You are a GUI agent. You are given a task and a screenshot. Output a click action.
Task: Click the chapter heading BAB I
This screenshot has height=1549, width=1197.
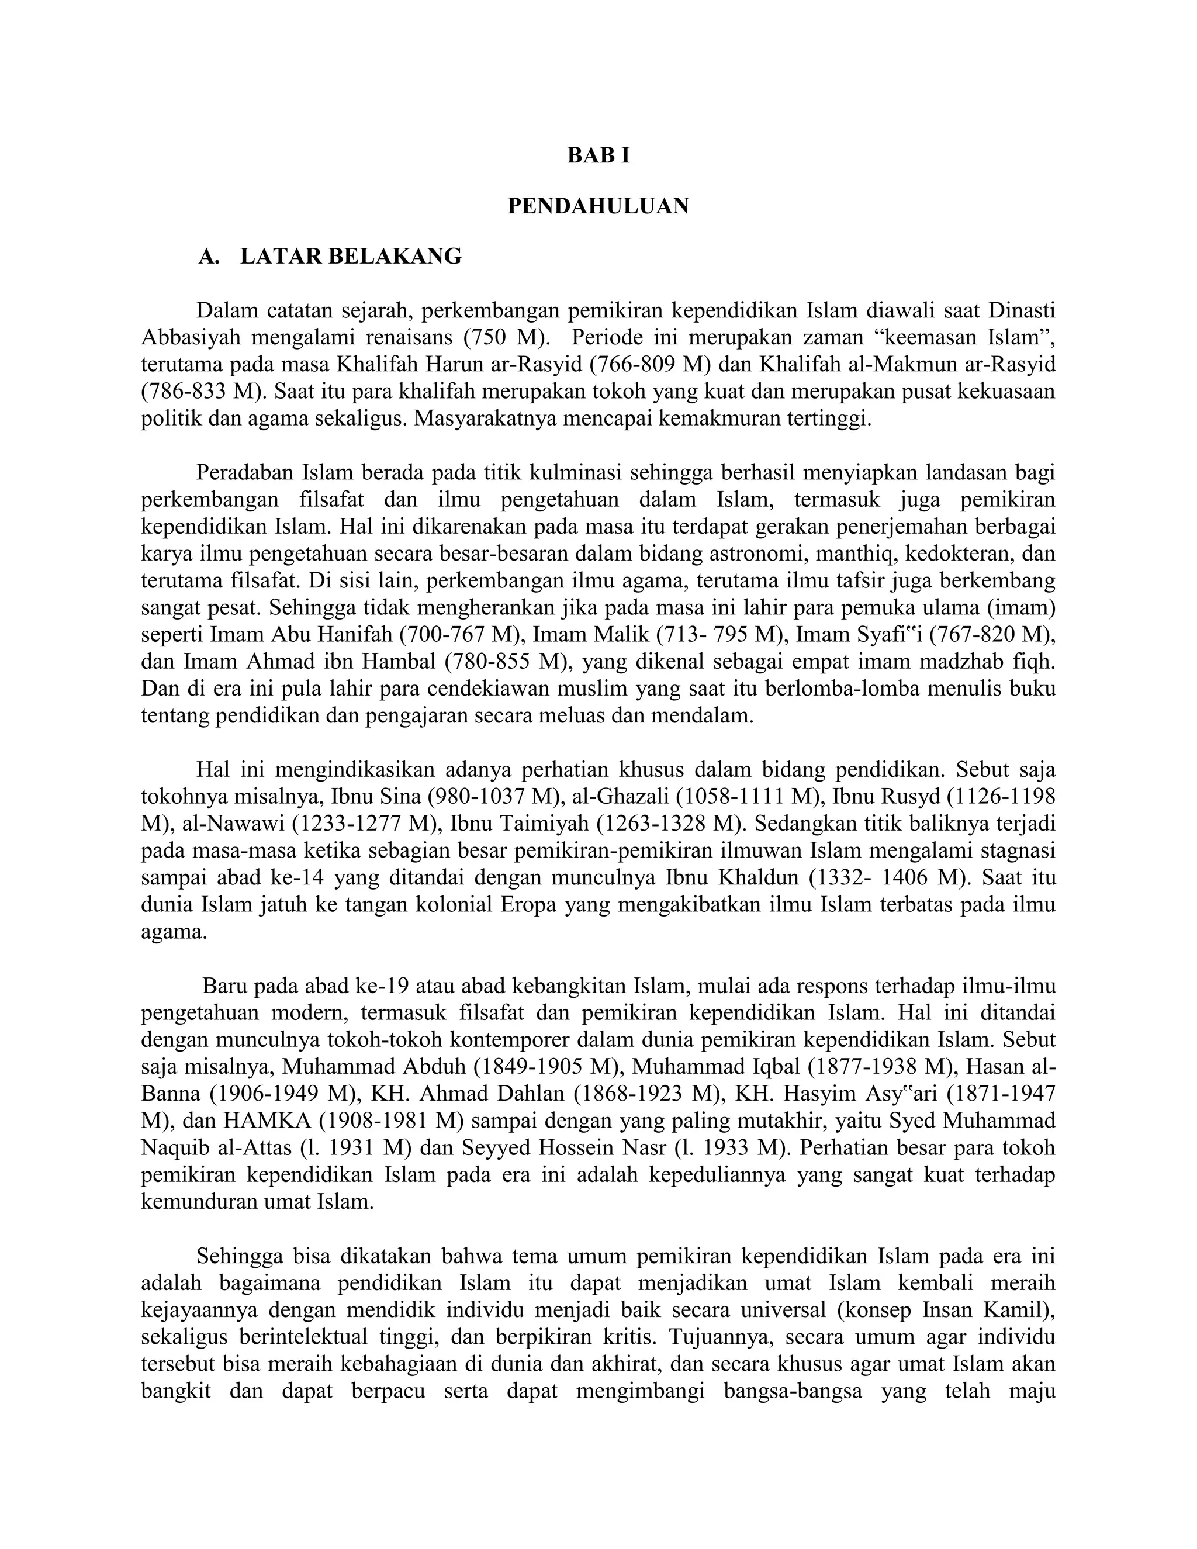598,156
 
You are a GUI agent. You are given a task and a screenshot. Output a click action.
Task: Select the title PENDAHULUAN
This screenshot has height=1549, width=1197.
598,206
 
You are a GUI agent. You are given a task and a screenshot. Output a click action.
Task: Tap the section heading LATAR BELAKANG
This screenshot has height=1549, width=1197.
350,257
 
